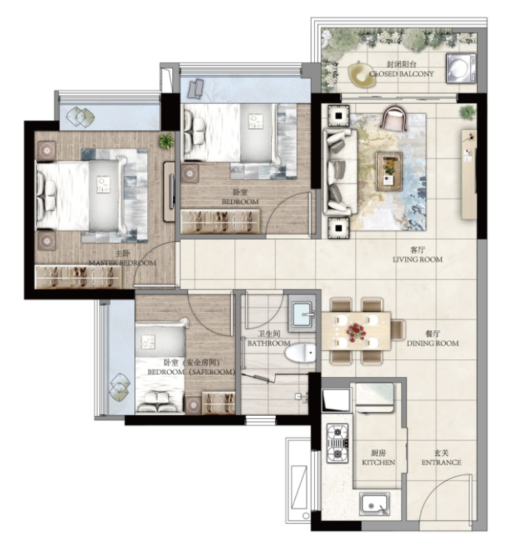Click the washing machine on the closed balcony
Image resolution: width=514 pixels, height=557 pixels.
pos(461,68)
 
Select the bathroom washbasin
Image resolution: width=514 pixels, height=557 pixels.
pos(301,315)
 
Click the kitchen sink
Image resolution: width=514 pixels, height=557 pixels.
pos(375,504)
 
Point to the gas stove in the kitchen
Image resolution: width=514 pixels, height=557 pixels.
pos(337,443)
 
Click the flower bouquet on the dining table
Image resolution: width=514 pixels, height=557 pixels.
pos(355,331)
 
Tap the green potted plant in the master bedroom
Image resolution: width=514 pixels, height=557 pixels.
pos(166,141)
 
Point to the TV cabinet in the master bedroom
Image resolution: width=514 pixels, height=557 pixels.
pos(170,192)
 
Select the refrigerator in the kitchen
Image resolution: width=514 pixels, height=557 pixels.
pos(375,398)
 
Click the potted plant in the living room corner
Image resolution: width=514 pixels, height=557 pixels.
pos(468,112)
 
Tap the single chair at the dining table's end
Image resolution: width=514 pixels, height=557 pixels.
pos(398,330)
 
